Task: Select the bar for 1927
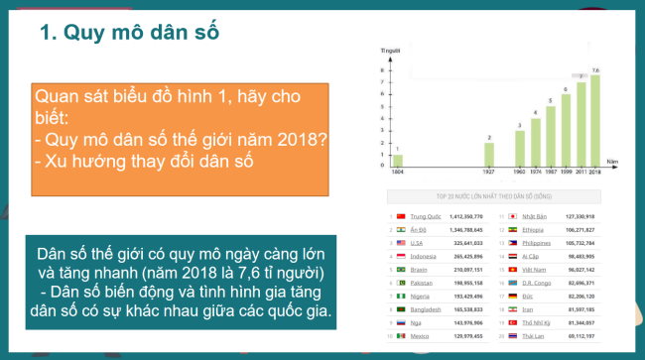click(x=488, y=153)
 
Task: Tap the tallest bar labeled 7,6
click(x=594, y=119)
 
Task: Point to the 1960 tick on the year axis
click(x=519, y=171)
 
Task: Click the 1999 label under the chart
click(x=566, y=171)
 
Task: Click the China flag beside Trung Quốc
click(x=402, y=215)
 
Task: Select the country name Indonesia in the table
click(x=428, y=255)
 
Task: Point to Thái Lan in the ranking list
click(x=534, y=335)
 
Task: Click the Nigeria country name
click(x=426, y=296)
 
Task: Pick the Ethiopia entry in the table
click(x=536, y=228)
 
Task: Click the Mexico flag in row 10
click(x=402, y=335)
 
